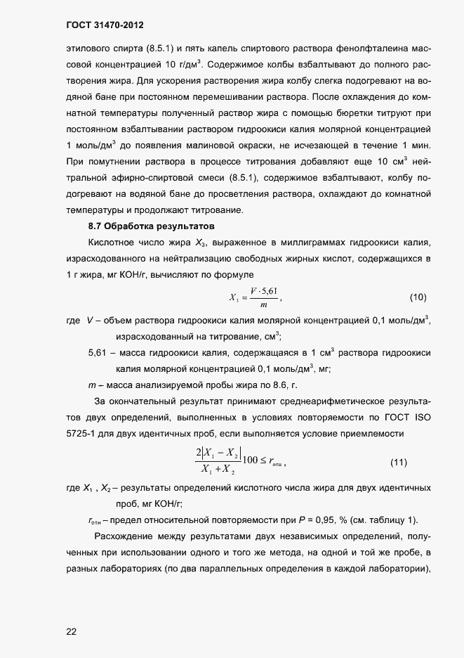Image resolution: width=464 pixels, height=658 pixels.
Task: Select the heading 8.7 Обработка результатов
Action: tap(151, 226)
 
